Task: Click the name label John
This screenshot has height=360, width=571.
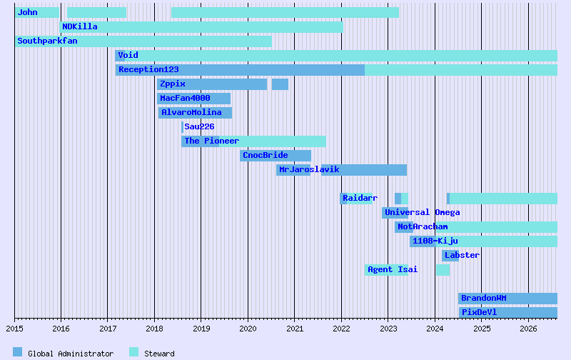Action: [x=28, y=12]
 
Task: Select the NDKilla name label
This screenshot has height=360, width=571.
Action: [x=80, y=26]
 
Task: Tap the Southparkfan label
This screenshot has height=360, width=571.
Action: [x=47, y=41]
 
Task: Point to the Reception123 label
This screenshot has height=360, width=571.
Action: [x=148, y=69]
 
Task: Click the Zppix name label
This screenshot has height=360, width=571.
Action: [x=173, y=84]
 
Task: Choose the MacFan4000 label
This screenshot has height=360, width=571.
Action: [x=185, y=98]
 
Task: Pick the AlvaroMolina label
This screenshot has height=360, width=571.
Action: [x=191, y=112]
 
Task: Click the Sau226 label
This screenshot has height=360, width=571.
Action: [x=199, y=126]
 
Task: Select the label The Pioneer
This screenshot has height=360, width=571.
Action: [x=211, y=141]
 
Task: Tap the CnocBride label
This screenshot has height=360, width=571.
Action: [x=265, y=155]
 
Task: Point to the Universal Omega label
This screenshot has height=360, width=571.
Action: [x=422, y=212]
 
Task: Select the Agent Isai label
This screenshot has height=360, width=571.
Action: [x=393, y=269]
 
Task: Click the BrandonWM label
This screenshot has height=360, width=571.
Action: [x=483, y=298]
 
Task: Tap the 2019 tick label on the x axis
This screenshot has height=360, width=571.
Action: [x=201, y=329]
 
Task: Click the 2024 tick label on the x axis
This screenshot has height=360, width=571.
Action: [x=435, y=329]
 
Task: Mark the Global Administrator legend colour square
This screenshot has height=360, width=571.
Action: [x=18, y=352]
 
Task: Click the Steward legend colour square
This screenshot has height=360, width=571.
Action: [x=133, y=352]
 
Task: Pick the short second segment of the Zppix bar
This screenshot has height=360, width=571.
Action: [x=280, y=84]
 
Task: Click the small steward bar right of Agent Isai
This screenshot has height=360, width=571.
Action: [x=443, y=270]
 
